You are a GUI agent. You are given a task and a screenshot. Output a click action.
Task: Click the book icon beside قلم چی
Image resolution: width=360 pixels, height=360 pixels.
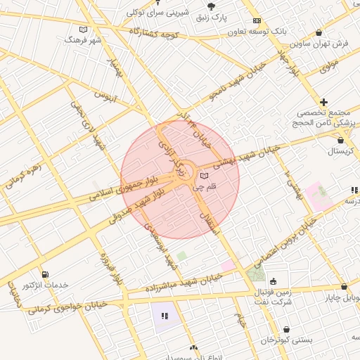tap(205, 175)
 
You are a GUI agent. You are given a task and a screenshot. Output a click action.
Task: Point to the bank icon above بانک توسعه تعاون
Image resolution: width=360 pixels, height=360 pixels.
tap(257, 21)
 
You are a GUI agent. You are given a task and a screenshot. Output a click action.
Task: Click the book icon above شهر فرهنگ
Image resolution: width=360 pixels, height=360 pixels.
tap(84, 30)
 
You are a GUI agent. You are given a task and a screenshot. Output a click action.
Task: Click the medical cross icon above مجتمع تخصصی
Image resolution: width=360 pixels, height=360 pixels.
tap(323, 103)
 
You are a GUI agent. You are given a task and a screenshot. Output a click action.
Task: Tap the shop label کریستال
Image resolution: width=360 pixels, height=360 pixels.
tap(342, 151)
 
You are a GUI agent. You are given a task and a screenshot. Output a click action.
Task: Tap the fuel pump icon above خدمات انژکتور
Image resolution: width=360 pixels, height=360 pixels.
tap(46, 274)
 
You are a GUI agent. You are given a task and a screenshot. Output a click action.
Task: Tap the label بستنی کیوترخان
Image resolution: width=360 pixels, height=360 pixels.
tap(287, 340)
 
